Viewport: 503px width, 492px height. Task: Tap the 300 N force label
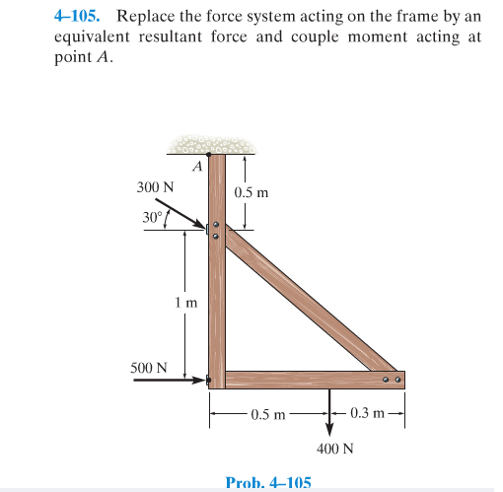(x=155, y=185)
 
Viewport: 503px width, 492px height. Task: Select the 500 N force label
(x=149, y=368)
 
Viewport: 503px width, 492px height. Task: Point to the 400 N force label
(x=335, y=449)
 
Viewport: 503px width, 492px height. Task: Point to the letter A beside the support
(x=197, y=167)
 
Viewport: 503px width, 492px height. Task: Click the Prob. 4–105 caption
(x=268, y=482)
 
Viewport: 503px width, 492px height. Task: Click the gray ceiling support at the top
(x=213, y=147)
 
